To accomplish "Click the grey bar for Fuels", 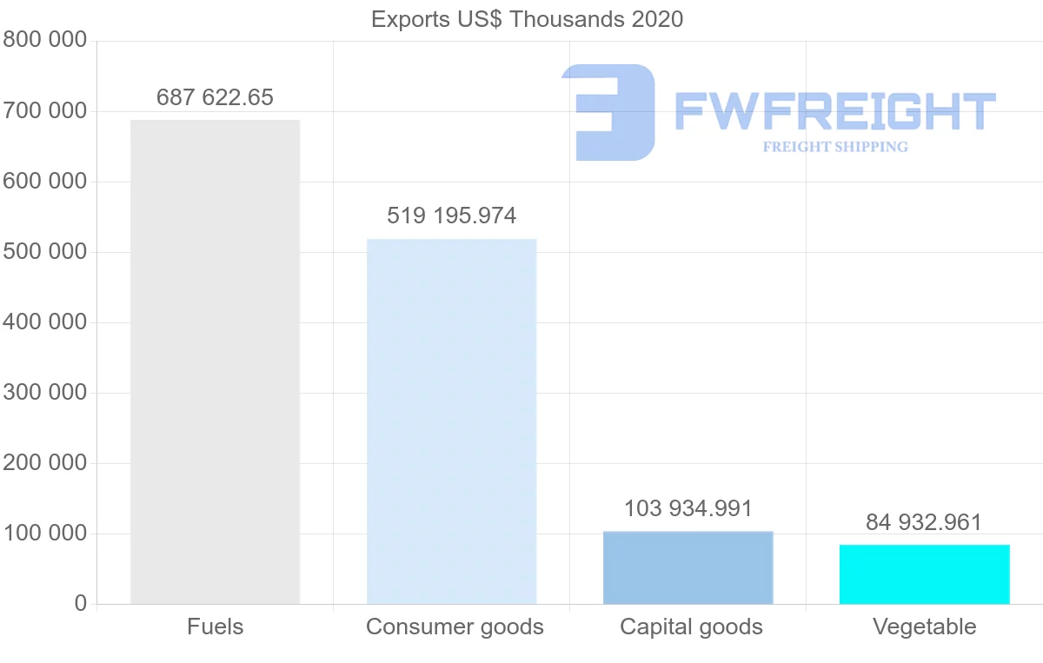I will pyautogui.click(x=215, y=361).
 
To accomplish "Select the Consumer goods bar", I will pyautogui.click(x=451, y=421).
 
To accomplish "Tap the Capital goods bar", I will pyautogui.click(x=688, y=567).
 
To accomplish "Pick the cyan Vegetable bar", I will pyautogui.click(x=924, y=574).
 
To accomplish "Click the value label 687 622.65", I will pyautogui.click(x=215, y=97).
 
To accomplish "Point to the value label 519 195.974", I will pyautogui.click(x=451, y=215).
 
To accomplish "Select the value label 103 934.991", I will pyautogui.click(x=688, y=508).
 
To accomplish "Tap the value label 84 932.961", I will pyautogui.click(x=923, y=522).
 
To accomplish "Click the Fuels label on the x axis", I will pyautogui.click(x=215, y=627).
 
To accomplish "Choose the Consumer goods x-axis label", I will pyautogui.click(x=455, y=627).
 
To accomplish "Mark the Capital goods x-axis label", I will pyautogui.click(x=691, y=627).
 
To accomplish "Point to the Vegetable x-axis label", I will pyautogui.click(x=924, y=627).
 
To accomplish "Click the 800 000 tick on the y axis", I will pyautogui.click(x=44, y=40).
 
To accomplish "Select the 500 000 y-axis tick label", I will pyautogui.click(x=44, y=252).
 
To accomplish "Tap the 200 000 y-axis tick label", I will pyautogui.click(x=44, y=463).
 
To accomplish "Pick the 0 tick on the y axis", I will pyautogui.click(x=81, y=604).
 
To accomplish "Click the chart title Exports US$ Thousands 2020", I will pyautogui.click(x=527, y=19).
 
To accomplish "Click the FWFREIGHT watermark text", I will pyautogui.click(x=834, y=111).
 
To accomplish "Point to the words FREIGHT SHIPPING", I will pyautogui.click(x=834, y=147).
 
